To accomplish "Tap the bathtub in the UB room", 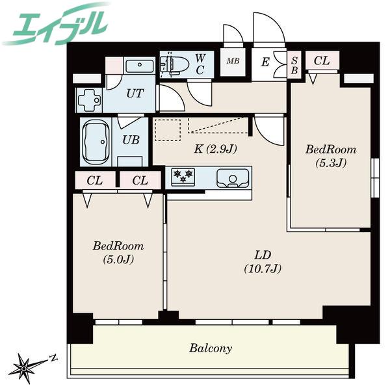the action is point(96,142).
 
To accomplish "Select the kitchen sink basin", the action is point(233,178).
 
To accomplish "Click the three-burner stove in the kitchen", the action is point(183,177).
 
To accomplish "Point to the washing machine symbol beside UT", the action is point(89,99).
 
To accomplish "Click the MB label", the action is point(233,60).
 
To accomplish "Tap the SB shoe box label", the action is point(294,66).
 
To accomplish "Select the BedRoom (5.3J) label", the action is point(331,156).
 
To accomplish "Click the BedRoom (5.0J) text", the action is point(118,252).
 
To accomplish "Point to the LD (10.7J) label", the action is point(263,262).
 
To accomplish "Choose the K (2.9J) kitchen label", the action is point(215,149).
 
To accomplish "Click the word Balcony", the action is point(211,348).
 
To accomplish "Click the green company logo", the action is point(56,25).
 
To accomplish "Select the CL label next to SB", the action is point(322,60).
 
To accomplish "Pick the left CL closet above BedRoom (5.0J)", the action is point(95,181).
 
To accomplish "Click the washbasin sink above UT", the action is point(139,66).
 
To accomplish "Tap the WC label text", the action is point(200,64).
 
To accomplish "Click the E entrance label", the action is point(265,62).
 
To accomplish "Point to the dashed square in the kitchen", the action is point(168,130).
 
